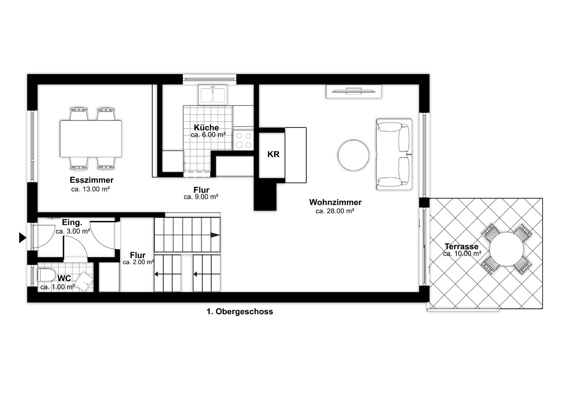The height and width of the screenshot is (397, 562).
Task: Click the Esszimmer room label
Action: point(92,180)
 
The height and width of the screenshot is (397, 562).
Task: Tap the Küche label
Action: point(206,128)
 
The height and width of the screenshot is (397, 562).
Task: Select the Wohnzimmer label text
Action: point(335,202)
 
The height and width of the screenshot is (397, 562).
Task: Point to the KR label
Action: point(273,154)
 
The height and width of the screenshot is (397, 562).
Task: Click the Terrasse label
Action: point(461,246)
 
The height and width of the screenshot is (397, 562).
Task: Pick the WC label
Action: point(64,278)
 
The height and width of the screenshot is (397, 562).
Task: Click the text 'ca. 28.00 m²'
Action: point(335,211)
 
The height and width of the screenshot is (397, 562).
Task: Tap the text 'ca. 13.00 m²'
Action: point(90,189)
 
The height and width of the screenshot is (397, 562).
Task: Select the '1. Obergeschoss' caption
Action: point(240,311)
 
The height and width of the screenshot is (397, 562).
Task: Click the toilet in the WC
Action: point(46,275)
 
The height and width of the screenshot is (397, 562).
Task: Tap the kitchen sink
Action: point(213,94)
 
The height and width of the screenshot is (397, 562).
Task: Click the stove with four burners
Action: point(243,140)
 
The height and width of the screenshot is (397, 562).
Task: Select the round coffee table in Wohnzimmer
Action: point(353,155)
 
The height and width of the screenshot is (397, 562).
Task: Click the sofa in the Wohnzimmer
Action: point(394,154)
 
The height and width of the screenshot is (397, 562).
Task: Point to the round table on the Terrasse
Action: point(506,249)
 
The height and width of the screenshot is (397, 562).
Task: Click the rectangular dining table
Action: point(91,139)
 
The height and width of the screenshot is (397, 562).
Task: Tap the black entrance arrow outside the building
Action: point(22,238)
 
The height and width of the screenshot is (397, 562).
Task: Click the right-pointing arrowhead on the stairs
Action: point(215,235)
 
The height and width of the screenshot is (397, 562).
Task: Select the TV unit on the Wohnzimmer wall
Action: point(354,91)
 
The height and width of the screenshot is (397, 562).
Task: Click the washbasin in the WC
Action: point(85,282)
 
